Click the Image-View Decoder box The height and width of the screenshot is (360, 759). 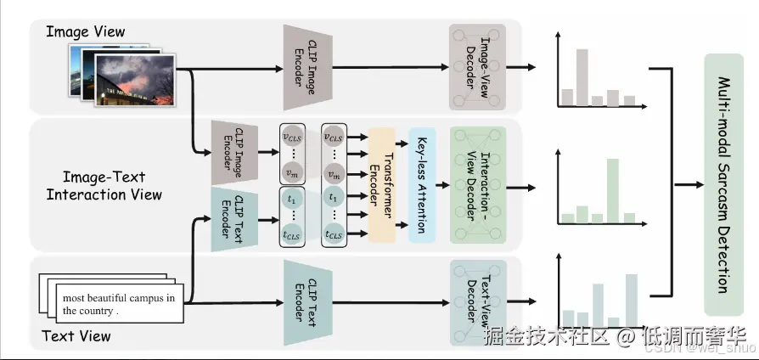[x=477, y=66]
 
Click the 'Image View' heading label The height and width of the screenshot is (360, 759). [x=85, y=32]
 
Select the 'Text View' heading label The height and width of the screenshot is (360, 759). [x=76, y=336]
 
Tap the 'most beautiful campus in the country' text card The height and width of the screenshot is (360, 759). [x=119, y=304]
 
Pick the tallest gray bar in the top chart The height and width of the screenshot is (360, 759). [x=582, y=77]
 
